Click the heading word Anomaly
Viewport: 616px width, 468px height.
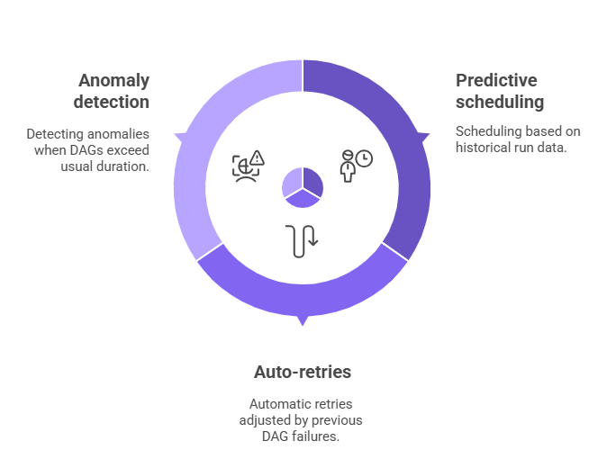click(113, 81)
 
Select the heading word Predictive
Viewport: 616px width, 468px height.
click(496, 80)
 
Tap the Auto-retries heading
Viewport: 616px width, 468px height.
click(303, 372)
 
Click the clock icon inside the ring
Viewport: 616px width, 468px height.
click(364, 158)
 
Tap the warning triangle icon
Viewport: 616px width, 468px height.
click(258, 157)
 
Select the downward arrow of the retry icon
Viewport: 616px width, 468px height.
click(313, 236)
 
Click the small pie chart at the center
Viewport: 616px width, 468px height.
click(303, 187)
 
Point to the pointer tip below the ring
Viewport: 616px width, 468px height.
click(303, 326)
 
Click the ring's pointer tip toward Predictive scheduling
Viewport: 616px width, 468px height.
click(430, 134)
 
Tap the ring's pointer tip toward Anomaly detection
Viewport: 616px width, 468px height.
click(175, 134)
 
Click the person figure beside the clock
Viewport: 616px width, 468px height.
click(348, 166)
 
